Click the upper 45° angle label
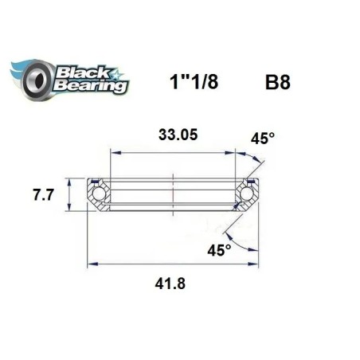pyautogui.click(x=263, y=139)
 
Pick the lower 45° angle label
pyautogui.click(x=220, y=250)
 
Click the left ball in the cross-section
pyautogui.click(x=99, y=194)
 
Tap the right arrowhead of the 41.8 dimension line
pyautogui.click(x=257, y=264)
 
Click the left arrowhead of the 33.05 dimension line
pyautogui.click(x=112, y=151)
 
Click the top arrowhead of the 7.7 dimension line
pyautogui.click(x=69, y=179)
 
